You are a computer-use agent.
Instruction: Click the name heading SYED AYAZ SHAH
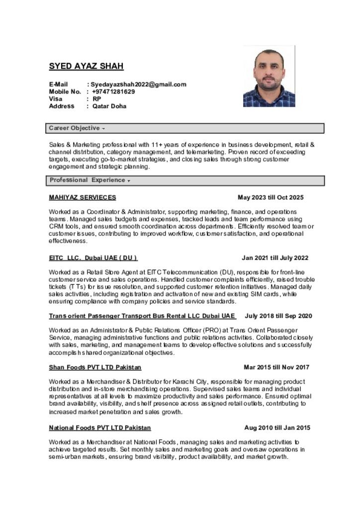(86, 66)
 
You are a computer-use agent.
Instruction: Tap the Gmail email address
(138, 85)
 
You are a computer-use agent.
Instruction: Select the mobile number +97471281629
(113, 91)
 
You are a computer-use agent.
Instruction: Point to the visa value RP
(97, 99)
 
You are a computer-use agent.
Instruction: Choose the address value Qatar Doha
(109, 106)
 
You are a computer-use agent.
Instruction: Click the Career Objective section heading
(75, 128)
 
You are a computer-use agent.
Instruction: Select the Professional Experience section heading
(88, 180)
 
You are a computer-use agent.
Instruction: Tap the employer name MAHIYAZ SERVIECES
(83, 197)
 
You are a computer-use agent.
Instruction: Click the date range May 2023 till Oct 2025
(270, 197)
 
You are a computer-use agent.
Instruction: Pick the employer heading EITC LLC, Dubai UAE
(93, 258)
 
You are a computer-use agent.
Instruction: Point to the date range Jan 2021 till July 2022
(275, 258)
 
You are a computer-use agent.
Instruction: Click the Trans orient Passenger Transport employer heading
(142, 316)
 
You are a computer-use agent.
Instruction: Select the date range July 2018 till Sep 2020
(278, 316)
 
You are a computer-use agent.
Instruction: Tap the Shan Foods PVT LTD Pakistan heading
(95, 367)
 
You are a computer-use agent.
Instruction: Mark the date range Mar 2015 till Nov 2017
(276, 367)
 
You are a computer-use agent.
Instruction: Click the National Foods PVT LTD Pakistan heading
(100, 427)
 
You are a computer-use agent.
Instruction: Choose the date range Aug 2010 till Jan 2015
(277, 427)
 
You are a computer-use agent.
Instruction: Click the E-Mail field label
(58, 85)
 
